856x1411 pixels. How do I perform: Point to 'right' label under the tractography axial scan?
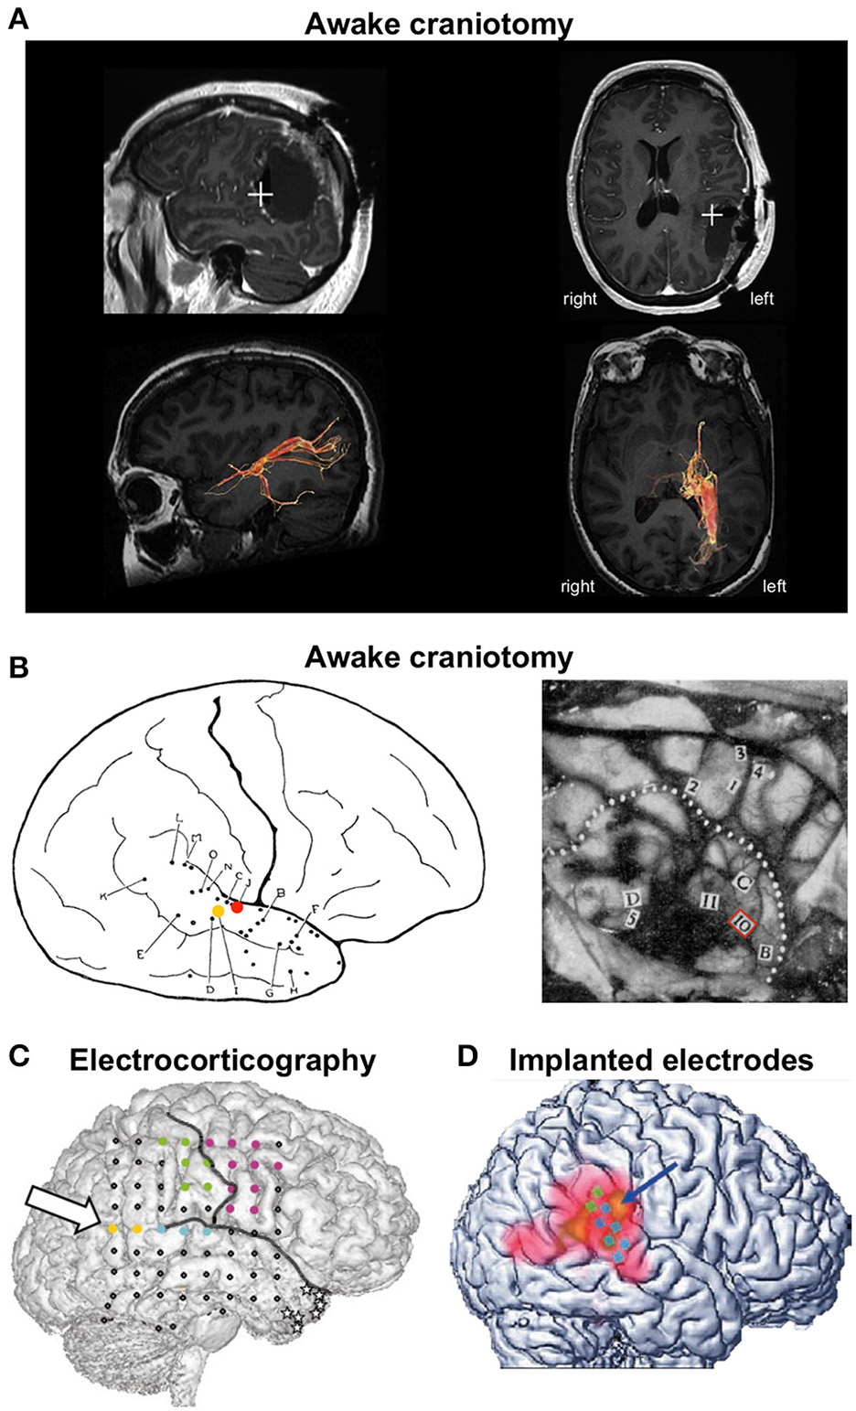[x=578, y=586]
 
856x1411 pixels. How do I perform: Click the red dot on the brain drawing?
[x=238, y=907]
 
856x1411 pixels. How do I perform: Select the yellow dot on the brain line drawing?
[x=218, y=912]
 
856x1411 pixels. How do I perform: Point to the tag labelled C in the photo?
[x=744, y=882]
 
